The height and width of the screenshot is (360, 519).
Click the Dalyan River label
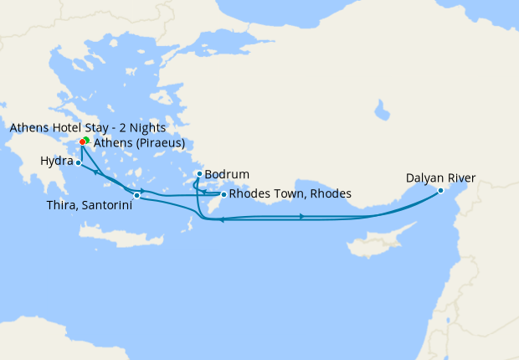[441, 177]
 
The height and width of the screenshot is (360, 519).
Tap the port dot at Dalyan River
[440, 191]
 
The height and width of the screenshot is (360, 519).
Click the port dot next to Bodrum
[198, 174]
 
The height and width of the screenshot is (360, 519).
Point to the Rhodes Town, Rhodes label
[290, 194]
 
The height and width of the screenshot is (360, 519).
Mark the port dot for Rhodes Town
[223, 194]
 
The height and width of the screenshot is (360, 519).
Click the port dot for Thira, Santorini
[136, 195]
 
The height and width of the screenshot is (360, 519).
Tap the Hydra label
[56, 160]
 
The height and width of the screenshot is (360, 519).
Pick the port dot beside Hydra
[78, 163]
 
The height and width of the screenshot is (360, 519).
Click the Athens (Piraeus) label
[139, 143]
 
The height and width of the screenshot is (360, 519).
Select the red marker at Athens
[82, 141]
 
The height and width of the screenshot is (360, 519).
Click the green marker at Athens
[87, 140]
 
